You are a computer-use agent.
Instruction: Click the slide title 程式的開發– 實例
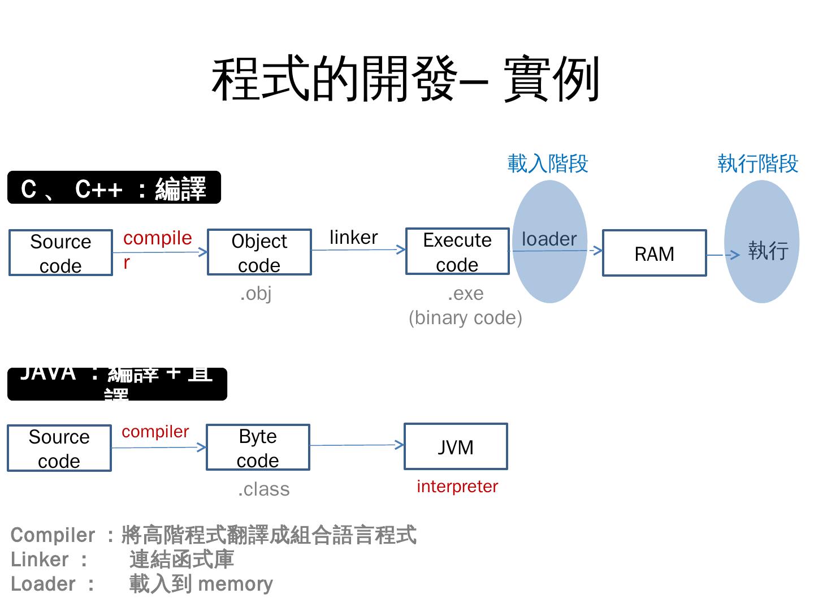tap(405, 79)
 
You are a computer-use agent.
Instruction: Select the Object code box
tap(259, 252)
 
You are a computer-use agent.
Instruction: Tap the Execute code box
tap(457, 252)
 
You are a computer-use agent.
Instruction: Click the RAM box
tap(654, 253)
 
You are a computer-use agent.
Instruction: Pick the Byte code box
tap(258, 448)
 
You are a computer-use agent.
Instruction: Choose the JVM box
tap(456, 447)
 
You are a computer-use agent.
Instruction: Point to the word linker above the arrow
tap(353, 237)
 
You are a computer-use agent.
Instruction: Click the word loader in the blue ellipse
tap(549, 239)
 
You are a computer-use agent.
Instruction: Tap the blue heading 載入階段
tap(548, 163)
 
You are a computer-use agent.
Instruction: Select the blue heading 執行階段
tap(757, 163)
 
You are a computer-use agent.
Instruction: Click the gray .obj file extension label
tap(256, 294)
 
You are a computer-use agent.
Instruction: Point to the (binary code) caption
tap(465, 318)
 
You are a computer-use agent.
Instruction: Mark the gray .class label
tap(263, 489)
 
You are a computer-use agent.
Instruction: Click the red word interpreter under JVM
tap(457, 487)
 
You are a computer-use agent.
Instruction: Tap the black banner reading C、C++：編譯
tap(114, 188)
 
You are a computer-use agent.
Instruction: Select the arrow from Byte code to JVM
tap(357, 445)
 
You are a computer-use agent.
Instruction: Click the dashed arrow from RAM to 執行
tap(723, 255)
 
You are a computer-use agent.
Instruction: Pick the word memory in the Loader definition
tap(236, 584)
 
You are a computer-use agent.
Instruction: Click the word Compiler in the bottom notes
tap(53, 535)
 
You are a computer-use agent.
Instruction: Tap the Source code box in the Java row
tap(59, 448)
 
